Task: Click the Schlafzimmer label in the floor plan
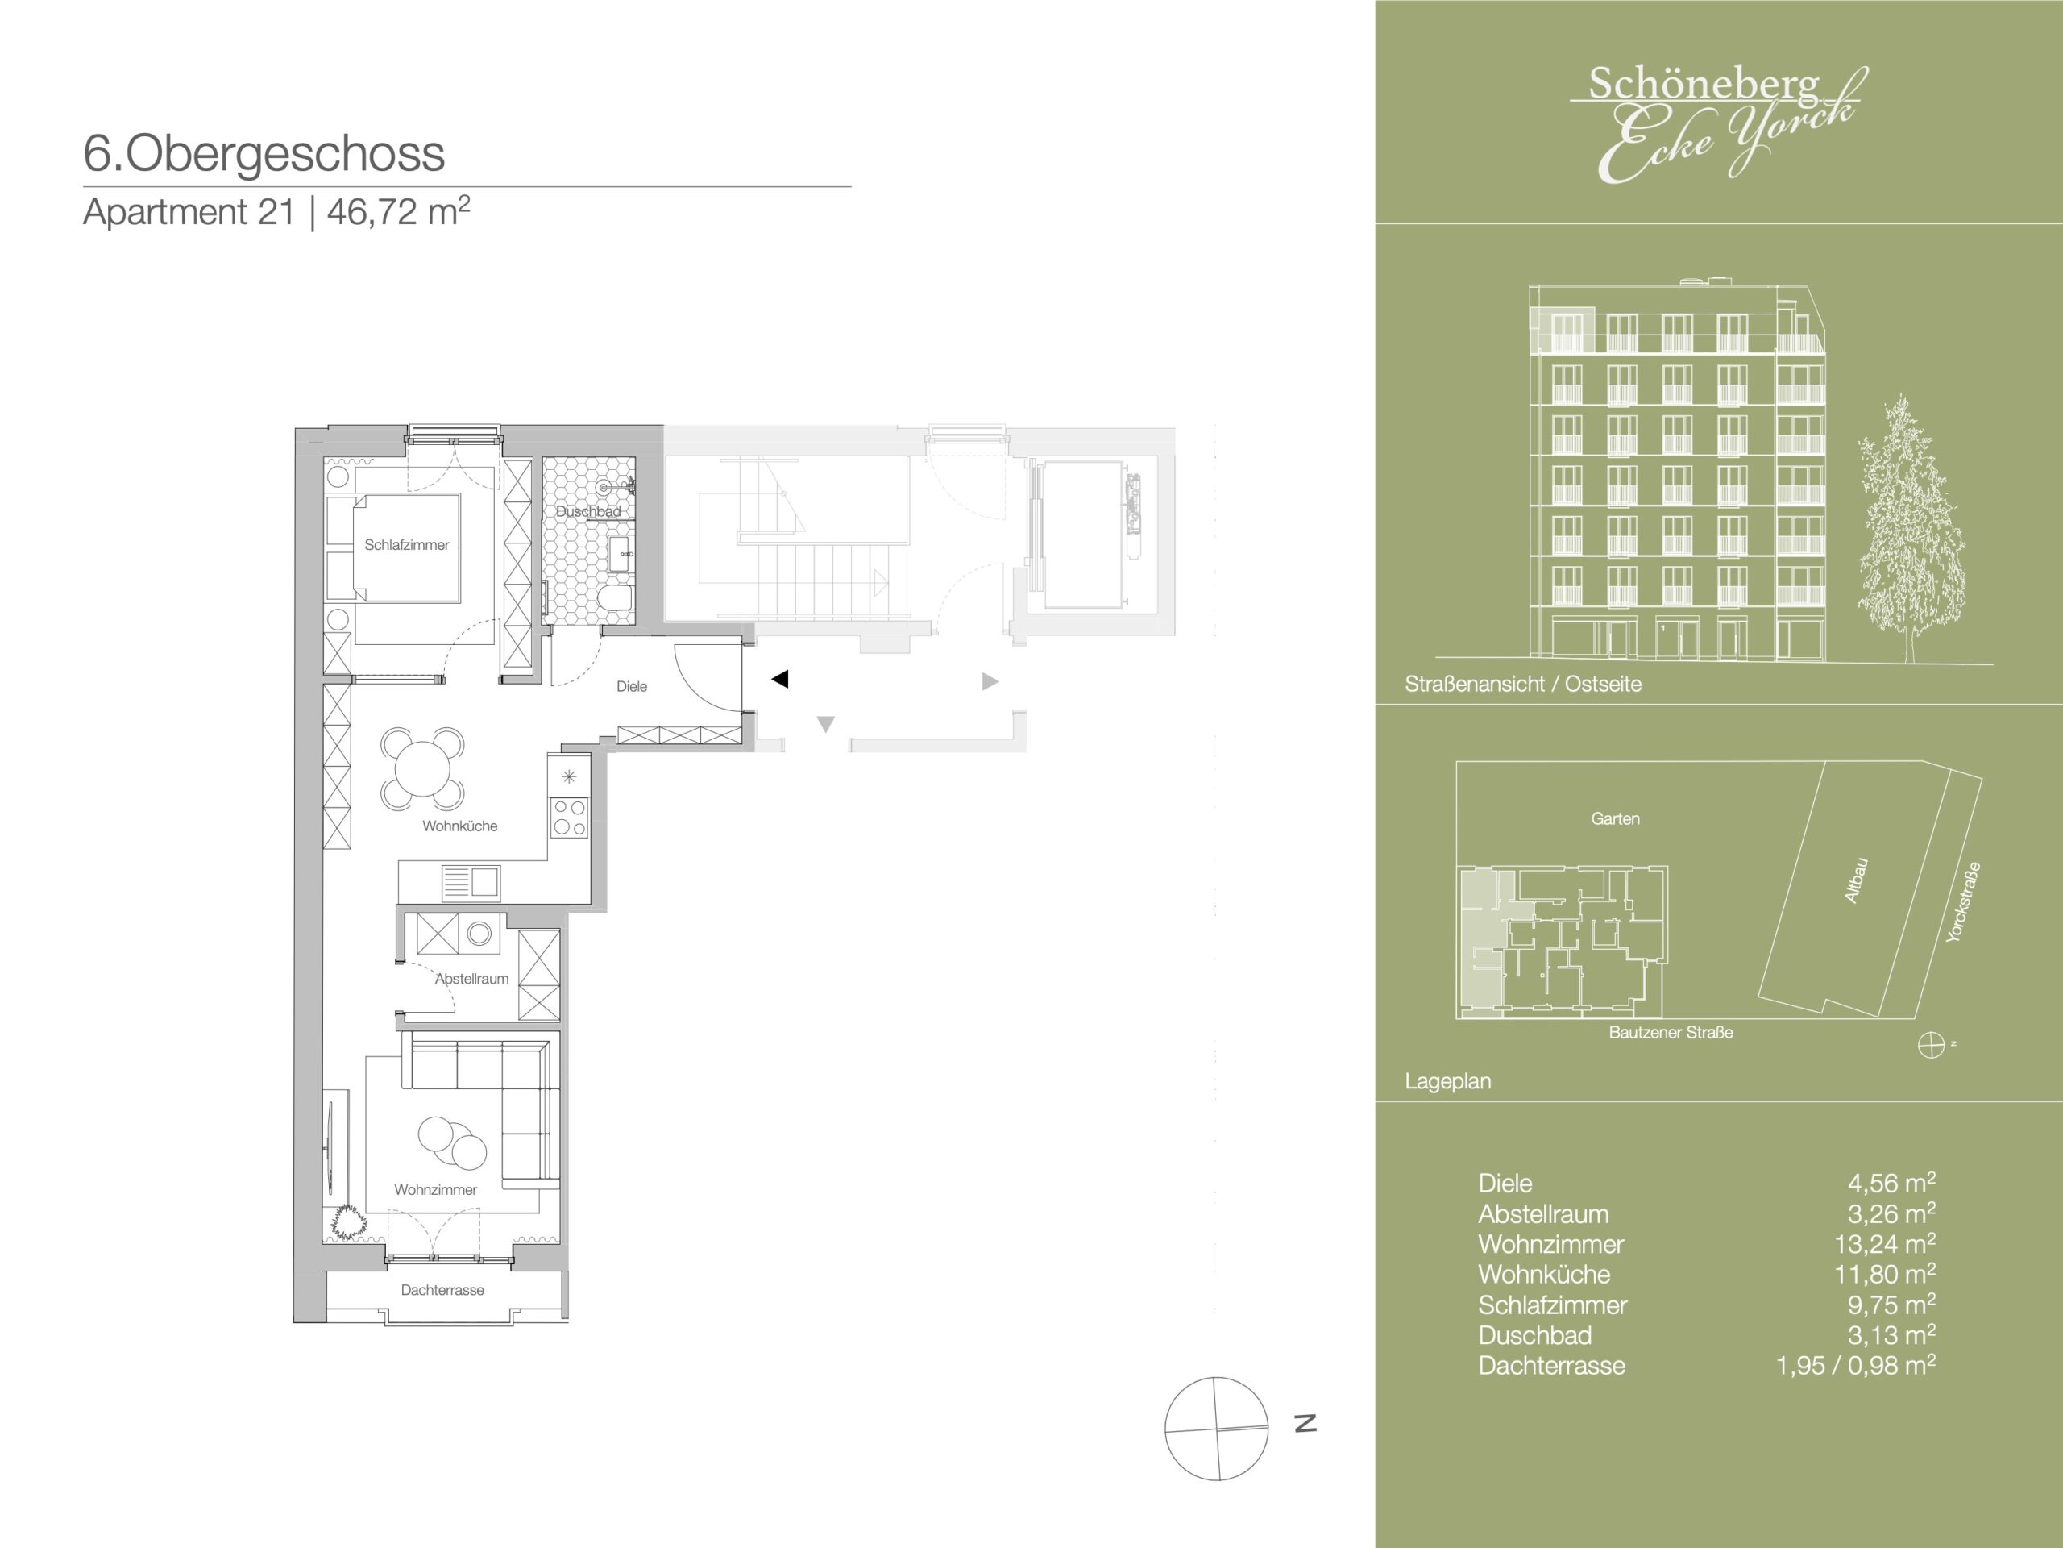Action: pyautogui.click(x=407, y=545)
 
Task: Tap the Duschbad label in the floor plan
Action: pyautogui.click(x=587, y=511)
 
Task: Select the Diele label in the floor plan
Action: pyautogui.click(x=632, y=687)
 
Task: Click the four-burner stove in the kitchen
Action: pyautogui.click(x=569, y=818)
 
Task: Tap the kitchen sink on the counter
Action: pyautogui.click(x=471, y=882)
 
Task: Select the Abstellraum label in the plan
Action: pyautogui.click(x=472, y=979)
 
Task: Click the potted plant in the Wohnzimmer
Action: pyautogui.click(x=348, y=1221)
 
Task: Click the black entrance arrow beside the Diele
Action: pyautogui.click(x=781, y=680)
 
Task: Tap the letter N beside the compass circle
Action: pyautogui.click(x=1305, y=1423)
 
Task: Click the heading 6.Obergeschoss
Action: pyautogui.click(x=264, y=153)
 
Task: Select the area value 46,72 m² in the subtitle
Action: pyautogui.click(x=398, y=212)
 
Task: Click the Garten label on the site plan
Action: pyautogui.click(x=1615, y=819)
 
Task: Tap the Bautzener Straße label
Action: pyautogui.click(x=1671, y=1033)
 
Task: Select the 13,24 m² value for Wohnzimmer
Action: pyautogui.click(x=1885, y=1244)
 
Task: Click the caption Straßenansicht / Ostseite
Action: pyautogui.click(x=1523, y=684)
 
